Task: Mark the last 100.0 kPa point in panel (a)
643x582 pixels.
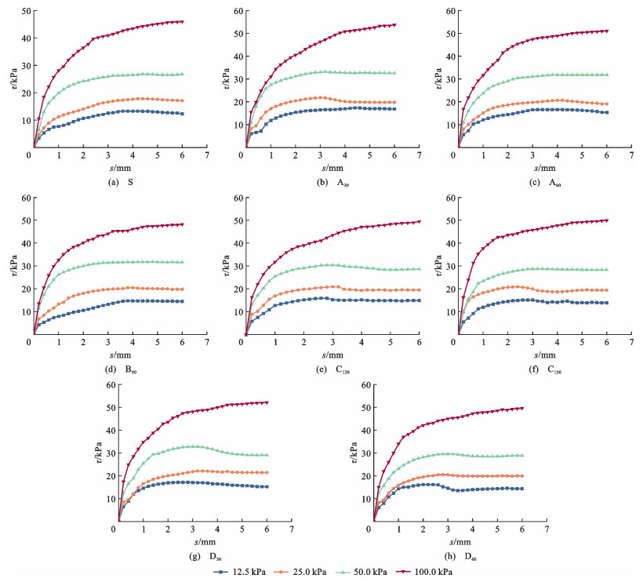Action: pyautogui.click(x=182, y=22)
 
